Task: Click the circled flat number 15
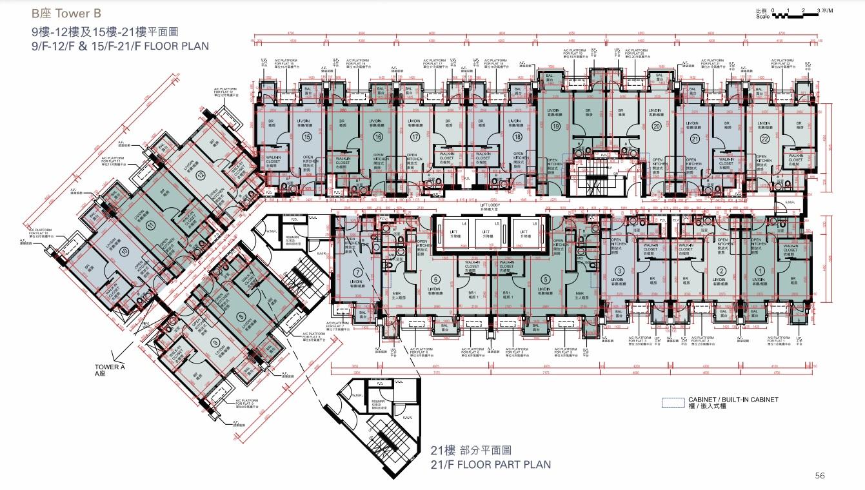pyautogui.click(x=307, y=137)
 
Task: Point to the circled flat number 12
pyautogui.click(x=201, y=174)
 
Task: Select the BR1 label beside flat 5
pyautogui.click(x=508, y=292)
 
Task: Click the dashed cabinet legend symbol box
pyautogui.click(x=673, y=402)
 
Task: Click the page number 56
pyautogui.click(x=820, y=476)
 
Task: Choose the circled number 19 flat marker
pyautogui.click(x=555, y=127)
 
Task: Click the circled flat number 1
pyautogui.click(x=760, y=271)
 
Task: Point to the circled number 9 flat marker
pyautogui.click(x=215, y=342)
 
